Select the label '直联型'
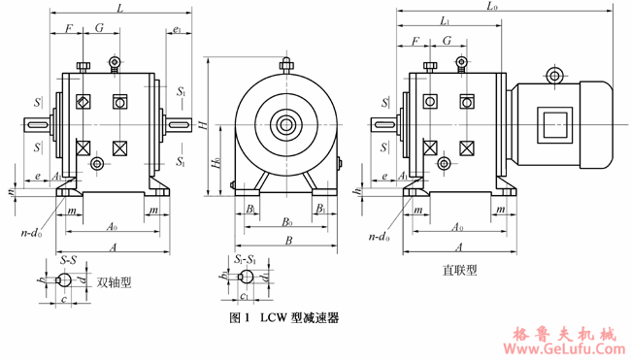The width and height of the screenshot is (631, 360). (x=457, y=271)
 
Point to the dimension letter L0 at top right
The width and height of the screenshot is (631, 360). (x=493, y=8)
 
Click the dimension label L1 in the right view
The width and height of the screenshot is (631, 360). (x=445, y=20)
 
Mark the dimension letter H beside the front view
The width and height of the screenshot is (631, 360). (x=202, y=124)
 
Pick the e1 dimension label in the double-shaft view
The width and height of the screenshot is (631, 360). (x=176, y=31)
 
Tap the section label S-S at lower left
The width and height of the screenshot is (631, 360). (x=69, y=261)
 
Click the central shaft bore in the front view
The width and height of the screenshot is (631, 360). (x=285, y=124)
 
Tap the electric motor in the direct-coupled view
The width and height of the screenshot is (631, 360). (x=562, y=125)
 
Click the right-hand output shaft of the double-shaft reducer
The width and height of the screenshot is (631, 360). (x=178, y=124)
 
